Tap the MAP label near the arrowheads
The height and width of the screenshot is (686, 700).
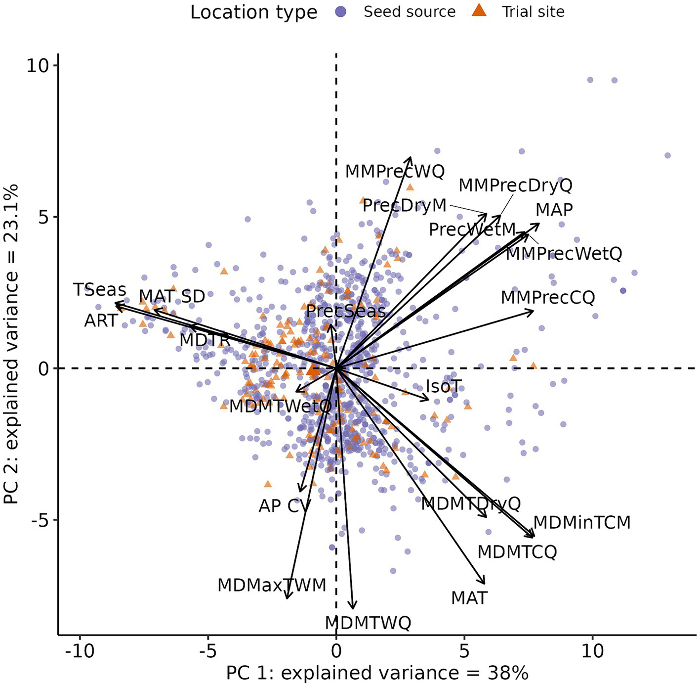pyautogui.click(x=554, y=210)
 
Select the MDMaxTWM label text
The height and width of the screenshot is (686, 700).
pyautogui.click(x=272, y=586)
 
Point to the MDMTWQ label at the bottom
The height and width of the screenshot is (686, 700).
pyautogui.click(x=368, y=623)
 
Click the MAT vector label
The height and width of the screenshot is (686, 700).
pyautogui.click(x=469, y=598)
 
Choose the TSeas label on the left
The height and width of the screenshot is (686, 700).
pyautogui.click(x=100, y=290)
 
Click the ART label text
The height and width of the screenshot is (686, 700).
pyautogui.click(x=101, y=321)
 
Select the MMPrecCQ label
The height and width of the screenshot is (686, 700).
pyautogui.click(x=547, y=298)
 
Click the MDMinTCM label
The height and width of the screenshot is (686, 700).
pyautogui.click(x=581, y=523)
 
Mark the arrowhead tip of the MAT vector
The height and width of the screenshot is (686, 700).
pyautogui.click(x=484, y=584)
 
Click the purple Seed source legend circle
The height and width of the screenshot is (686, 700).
pyautogui.click(x=341, y=12)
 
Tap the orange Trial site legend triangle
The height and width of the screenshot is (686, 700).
pyautogui.click(x=479, y=11)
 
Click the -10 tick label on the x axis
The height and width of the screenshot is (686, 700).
pyautogui.click(x=80, y=651)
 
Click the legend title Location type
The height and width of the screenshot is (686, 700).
pyautogui.click(x=253, y=12)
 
